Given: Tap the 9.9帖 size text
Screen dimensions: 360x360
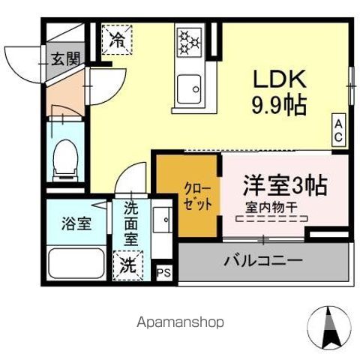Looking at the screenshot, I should coord(278,106).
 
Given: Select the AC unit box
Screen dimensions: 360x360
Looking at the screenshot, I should coord(339,130).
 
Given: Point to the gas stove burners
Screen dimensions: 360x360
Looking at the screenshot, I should coord(189,40).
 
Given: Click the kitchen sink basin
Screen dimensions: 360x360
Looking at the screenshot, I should coord(189,88).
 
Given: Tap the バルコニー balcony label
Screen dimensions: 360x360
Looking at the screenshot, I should coord(263,261).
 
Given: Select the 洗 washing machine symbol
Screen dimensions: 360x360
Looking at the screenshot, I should coord(127,265).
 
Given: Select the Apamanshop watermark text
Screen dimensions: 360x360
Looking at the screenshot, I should coord(181,323).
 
